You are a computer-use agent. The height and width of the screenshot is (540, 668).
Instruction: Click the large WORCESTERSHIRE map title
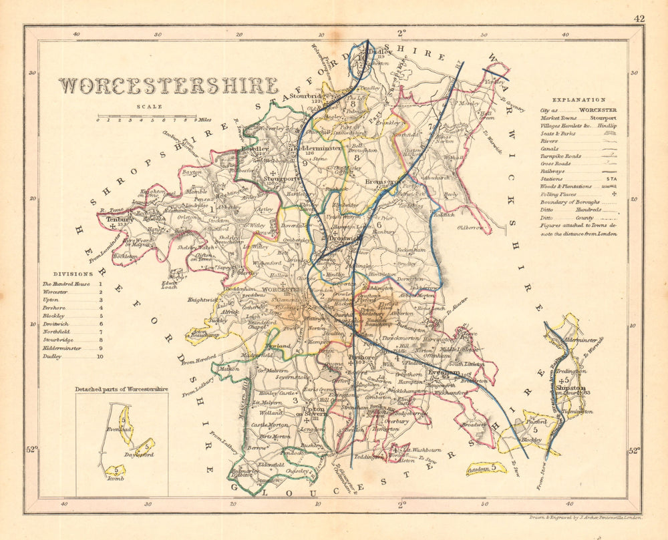[x=168, y=86]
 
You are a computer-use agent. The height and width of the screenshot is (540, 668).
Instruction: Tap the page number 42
[x=639, y=19]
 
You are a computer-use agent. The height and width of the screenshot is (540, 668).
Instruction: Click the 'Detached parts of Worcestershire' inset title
[x=122, y=388]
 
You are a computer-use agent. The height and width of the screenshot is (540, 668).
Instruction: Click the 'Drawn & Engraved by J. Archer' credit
[x=582, y=517]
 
